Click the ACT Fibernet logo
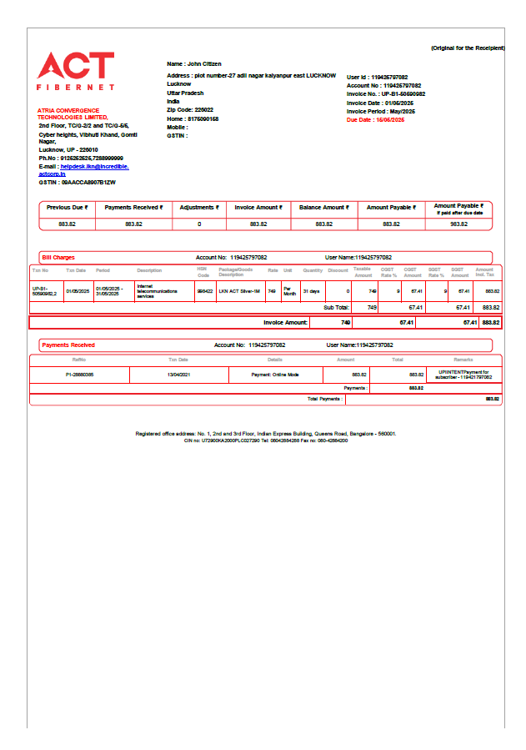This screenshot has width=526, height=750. point(76,71)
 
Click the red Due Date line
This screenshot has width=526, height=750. point(375,120)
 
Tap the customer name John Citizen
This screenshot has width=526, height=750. point(193,63)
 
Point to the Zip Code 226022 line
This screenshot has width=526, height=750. point(190,110)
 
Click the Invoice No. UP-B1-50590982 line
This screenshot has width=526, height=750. point(386,94)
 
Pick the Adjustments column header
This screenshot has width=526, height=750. point(199,207)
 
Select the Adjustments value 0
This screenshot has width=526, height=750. point(199,224)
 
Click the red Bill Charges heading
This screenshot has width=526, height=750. point(58,258)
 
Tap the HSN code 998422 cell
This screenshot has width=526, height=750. point(204,291)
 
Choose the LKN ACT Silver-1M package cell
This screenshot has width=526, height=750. point(239,291)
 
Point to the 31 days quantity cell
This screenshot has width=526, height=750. point(311,291)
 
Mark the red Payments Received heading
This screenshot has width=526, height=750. point(68,345)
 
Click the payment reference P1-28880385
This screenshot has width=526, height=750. point(79,375)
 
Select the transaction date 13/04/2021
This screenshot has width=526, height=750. point(178,375)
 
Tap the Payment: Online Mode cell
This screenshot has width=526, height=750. point(275,375)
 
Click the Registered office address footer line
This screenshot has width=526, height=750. point(266,434)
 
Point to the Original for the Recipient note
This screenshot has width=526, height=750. point(467,48)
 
